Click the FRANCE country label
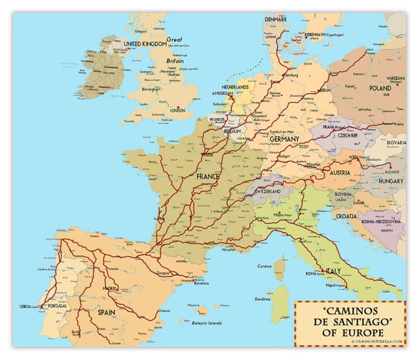pos(207,176)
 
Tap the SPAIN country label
pos(110,312)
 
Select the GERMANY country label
pos(284,139)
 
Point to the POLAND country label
pos(380,89)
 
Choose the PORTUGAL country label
pos(58,306)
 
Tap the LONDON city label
pos(177,111)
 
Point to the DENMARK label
pos(276,19)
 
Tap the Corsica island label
pos(264,266)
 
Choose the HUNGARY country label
pos(390,182)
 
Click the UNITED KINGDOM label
pos(145,44)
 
